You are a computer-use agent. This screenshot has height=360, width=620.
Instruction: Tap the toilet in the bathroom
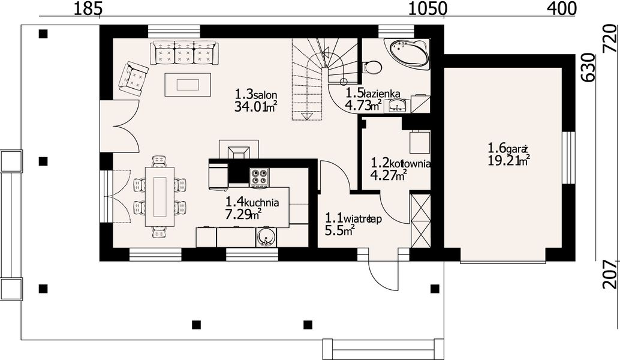372,67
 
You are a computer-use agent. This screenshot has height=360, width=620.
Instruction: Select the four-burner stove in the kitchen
259,178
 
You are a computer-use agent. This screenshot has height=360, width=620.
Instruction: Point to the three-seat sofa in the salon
185,53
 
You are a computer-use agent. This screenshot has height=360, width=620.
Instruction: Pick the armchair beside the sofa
133,79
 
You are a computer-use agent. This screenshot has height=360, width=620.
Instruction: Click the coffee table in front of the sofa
188,84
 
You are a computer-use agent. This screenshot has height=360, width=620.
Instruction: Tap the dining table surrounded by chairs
160,197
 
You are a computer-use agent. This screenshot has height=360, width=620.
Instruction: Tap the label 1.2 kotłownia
401,163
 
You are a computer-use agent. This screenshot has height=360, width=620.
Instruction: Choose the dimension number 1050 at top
428,8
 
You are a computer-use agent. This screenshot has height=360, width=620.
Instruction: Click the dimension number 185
88,8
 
